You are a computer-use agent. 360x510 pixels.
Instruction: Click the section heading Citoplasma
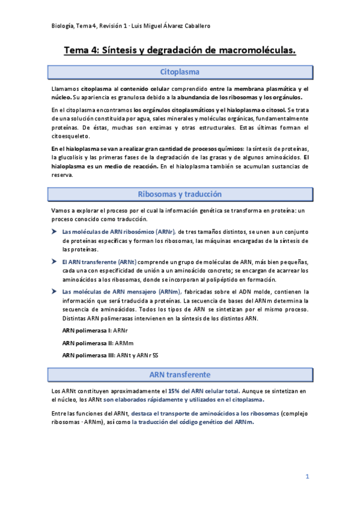180,72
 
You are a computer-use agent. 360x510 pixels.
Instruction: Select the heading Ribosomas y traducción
180,194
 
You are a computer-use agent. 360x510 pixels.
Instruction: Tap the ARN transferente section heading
180,374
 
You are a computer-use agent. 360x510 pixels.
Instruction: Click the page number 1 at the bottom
307,476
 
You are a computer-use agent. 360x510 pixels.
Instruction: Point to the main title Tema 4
180,52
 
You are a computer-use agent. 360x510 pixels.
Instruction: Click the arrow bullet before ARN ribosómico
55,232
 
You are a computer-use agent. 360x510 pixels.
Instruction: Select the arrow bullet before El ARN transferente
55,262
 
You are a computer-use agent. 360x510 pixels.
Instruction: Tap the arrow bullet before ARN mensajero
55,292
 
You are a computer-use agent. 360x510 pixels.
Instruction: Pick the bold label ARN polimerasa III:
88,355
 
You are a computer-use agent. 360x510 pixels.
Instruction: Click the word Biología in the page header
63,25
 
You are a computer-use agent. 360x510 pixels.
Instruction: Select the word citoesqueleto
70,137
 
